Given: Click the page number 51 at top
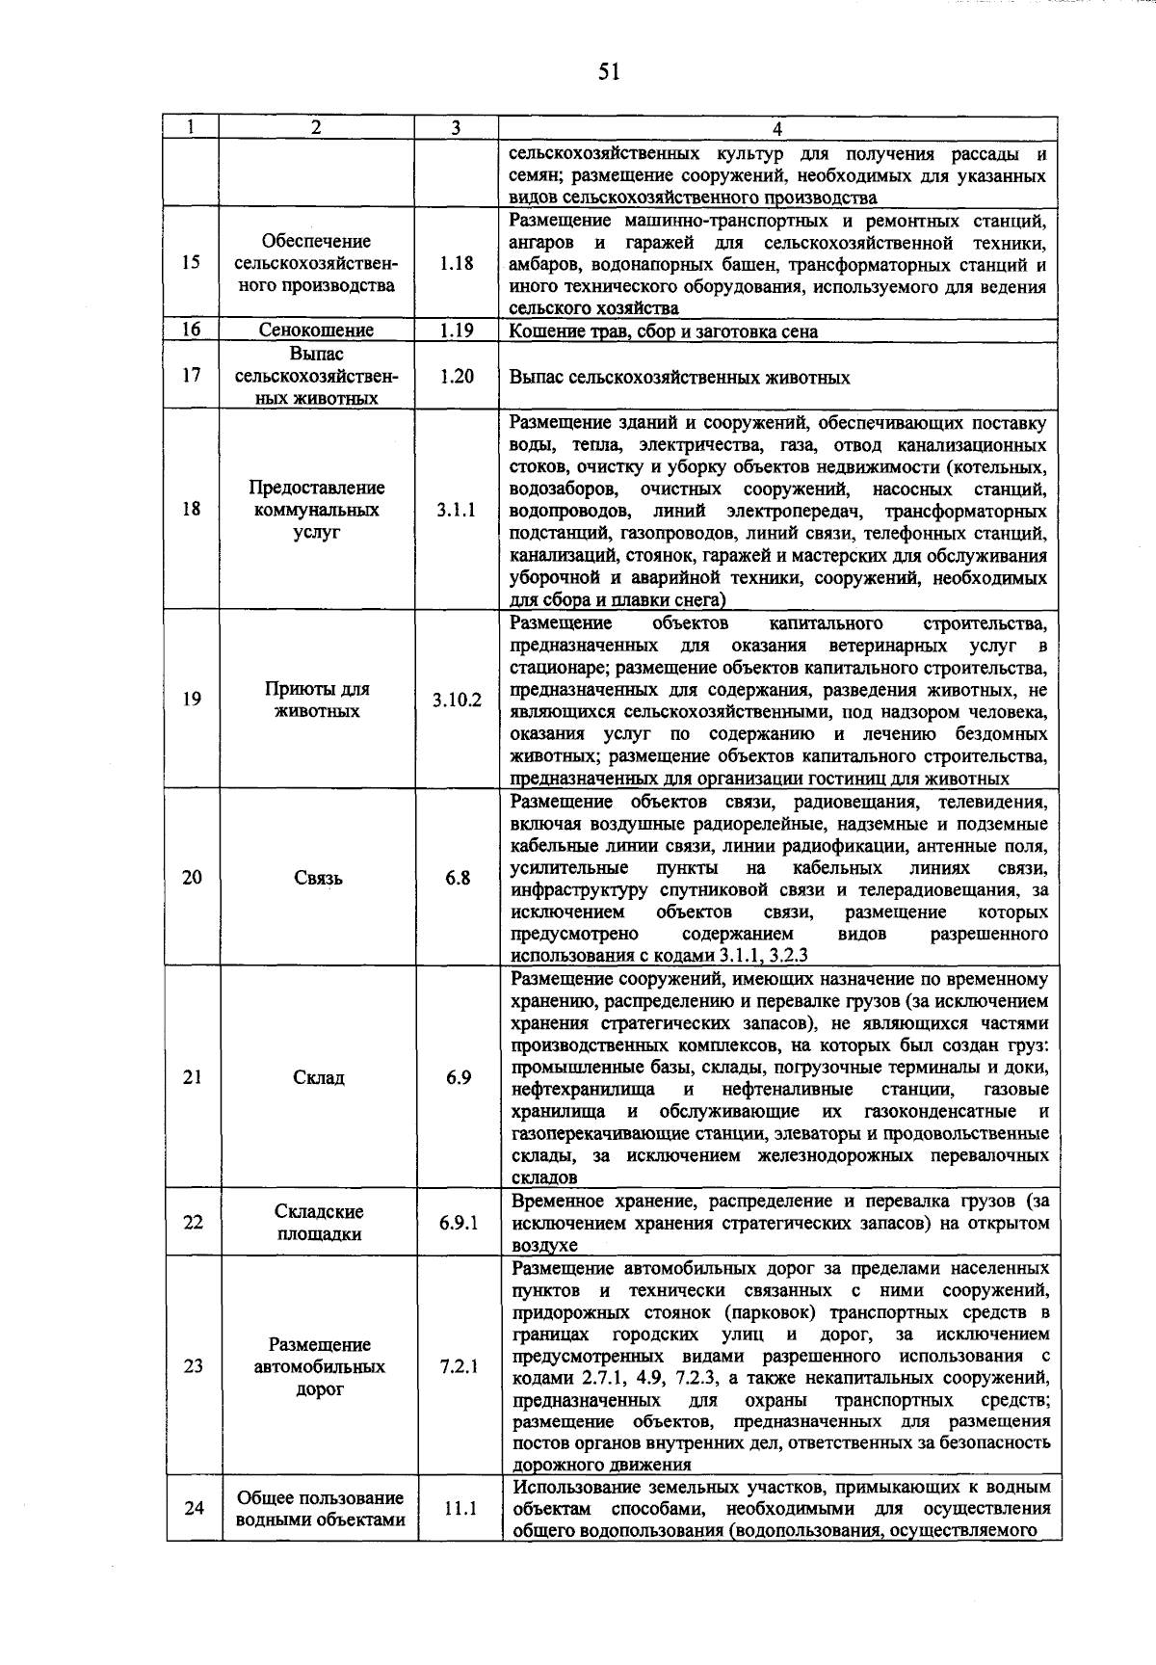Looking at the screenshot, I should tap(608, 72).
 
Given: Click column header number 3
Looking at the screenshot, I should tap(456, 128).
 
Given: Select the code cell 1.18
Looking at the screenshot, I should tap(456, 263).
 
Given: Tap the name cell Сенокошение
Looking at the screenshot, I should tap(316, 330).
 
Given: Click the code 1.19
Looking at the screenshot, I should tap(456, 330).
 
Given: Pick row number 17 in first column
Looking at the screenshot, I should tap(191, 376).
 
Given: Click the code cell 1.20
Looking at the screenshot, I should tap(456, 377).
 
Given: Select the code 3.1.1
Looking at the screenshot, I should tap(456, 510).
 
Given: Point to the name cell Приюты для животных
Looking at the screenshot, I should tap(316, 700).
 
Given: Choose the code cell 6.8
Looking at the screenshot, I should tap(458, 878).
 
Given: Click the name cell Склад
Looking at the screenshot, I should tap(318, 1077).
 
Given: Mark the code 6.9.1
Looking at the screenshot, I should tap(458, 1223).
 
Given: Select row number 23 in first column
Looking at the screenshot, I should tap(193, 1366).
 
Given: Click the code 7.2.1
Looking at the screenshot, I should tap(458, 1366).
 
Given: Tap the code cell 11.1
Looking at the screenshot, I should tap(460, 1509).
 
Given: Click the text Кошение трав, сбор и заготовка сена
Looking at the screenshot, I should tap(664, 331).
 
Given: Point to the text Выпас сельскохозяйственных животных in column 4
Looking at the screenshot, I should tap(679, 378).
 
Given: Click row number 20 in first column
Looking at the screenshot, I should tap(192, 878).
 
